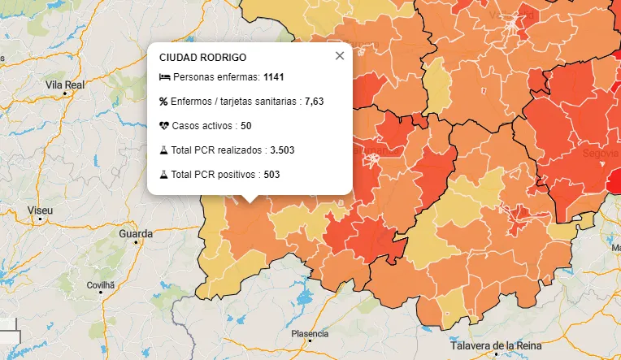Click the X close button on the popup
click(x=340, y=56)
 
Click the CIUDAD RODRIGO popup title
click(x=202, y=58)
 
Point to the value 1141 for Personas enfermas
click(x=274, y=76)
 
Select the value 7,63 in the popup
click(x=315, y=102)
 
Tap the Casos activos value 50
click(x=245, y=126)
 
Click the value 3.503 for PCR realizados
click(x=282, y=150)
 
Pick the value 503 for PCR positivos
click(x=272, y=174)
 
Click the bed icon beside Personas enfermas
click(x=164, y=76)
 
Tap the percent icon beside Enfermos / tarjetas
click(x=163, y=102)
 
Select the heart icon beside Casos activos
click(x=164, y=126)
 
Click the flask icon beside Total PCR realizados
click(x=163, y=150)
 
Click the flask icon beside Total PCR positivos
click(x=163, y=174)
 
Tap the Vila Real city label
click(x=65, y=85)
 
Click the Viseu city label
click(x=40, y=210)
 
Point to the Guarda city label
click(x=135, y=234)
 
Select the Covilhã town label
click(x=102, y=285)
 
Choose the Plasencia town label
click(x=310, y=334)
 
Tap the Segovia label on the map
click(x=600, y=153)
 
